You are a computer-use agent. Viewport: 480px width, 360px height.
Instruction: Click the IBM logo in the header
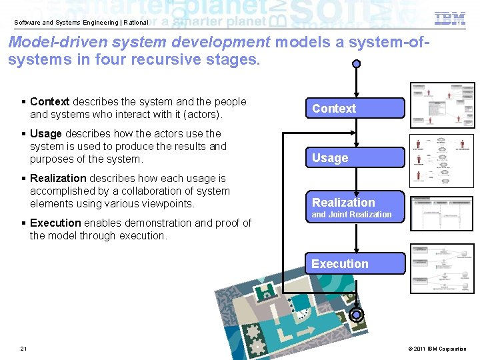[450, 19]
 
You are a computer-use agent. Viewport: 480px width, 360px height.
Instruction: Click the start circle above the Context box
[357, 64]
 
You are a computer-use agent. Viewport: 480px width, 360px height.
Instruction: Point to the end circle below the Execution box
[357, 315]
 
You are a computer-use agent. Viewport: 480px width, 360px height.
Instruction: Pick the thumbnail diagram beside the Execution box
[443, 268]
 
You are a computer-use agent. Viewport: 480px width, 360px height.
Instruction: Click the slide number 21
[24, 349]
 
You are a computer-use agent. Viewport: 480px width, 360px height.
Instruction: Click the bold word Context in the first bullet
[49, 102]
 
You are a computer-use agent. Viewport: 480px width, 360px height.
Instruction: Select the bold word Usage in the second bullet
[46, 134]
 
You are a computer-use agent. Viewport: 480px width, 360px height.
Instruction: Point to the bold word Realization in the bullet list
[58, 179]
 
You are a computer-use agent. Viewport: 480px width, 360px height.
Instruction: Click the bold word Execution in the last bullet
[55, 223]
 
